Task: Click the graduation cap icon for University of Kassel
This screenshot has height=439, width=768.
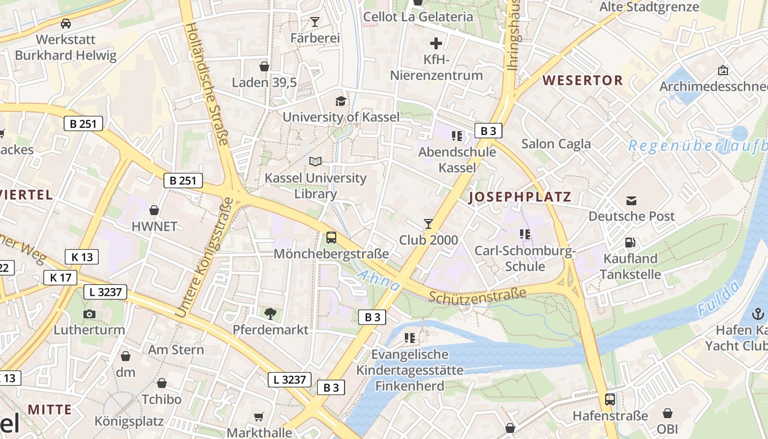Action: (341, 101)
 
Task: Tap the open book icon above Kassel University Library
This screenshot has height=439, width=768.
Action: (315, 161)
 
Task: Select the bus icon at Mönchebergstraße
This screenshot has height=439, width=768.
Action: (331, 238)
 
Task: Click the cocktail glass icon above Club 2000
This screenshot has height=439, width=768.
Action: (428, 223)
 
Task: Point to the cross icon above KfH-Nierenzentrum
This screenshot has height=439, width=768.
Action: (436, 43)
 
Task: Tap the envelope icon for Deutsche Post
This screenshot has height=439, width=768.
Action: (631, 200)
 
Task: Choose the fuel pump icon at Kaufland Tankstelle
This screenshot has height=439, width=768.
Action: (630, 242)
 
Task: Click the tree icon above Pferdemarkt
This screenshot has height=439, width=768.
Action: (270, 313)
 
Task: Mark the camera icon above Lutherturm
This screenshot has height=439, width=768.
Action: (89, 314)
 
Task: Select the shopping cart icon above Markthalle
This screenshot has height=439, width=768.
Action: (259, 417)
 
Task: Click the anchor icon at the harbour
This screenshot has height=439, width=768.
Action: (758, 314)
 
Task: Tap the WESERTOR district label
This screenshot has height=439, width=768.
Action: (583, 80)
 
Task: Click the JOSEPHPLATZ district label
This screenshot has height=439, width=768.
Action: (520, 197)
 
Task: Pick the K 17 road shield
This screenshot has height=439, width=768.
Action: (60, 278)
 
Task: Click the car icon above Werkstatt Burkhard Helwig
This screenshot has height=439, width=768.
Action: (66, 24)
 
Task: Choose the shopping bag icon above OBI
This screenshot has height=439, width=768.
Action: (668, 413)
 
